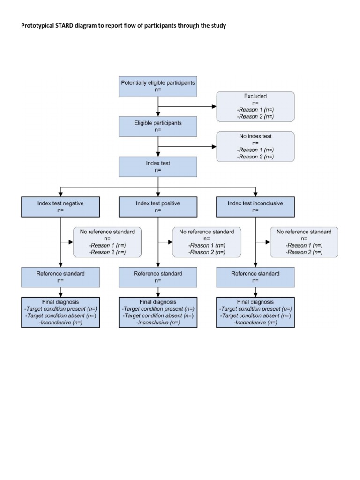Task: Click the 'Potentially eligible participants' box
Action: click(158, 86)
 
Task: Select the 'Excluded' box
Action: click(255, 106)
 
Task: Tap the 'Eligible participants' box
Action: click(158, 127)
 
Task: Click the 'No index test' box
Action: click(255, 146)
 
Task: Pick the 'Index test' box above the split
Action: click(158, 166)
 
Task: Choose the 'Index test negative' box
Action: click(60, 207)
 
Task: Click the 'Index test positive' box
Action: click(158, 207)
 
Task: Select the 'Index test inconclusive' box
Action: click(255, 207)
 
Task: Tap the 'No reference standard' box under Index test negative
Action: click(107, 242)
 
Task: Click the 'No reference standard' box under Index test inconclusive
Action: click(304, 242)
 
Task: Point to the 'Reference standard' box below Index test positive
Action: click(158, 277)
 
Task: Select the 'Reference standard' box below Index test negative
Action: click(60, 277)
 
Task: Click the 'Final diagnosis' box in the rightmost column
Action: click(255, 312)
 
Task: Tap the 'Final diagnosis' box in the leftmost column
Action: click(60, 312)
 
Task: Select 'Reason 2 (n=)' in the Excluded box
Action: click(255, 117)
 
